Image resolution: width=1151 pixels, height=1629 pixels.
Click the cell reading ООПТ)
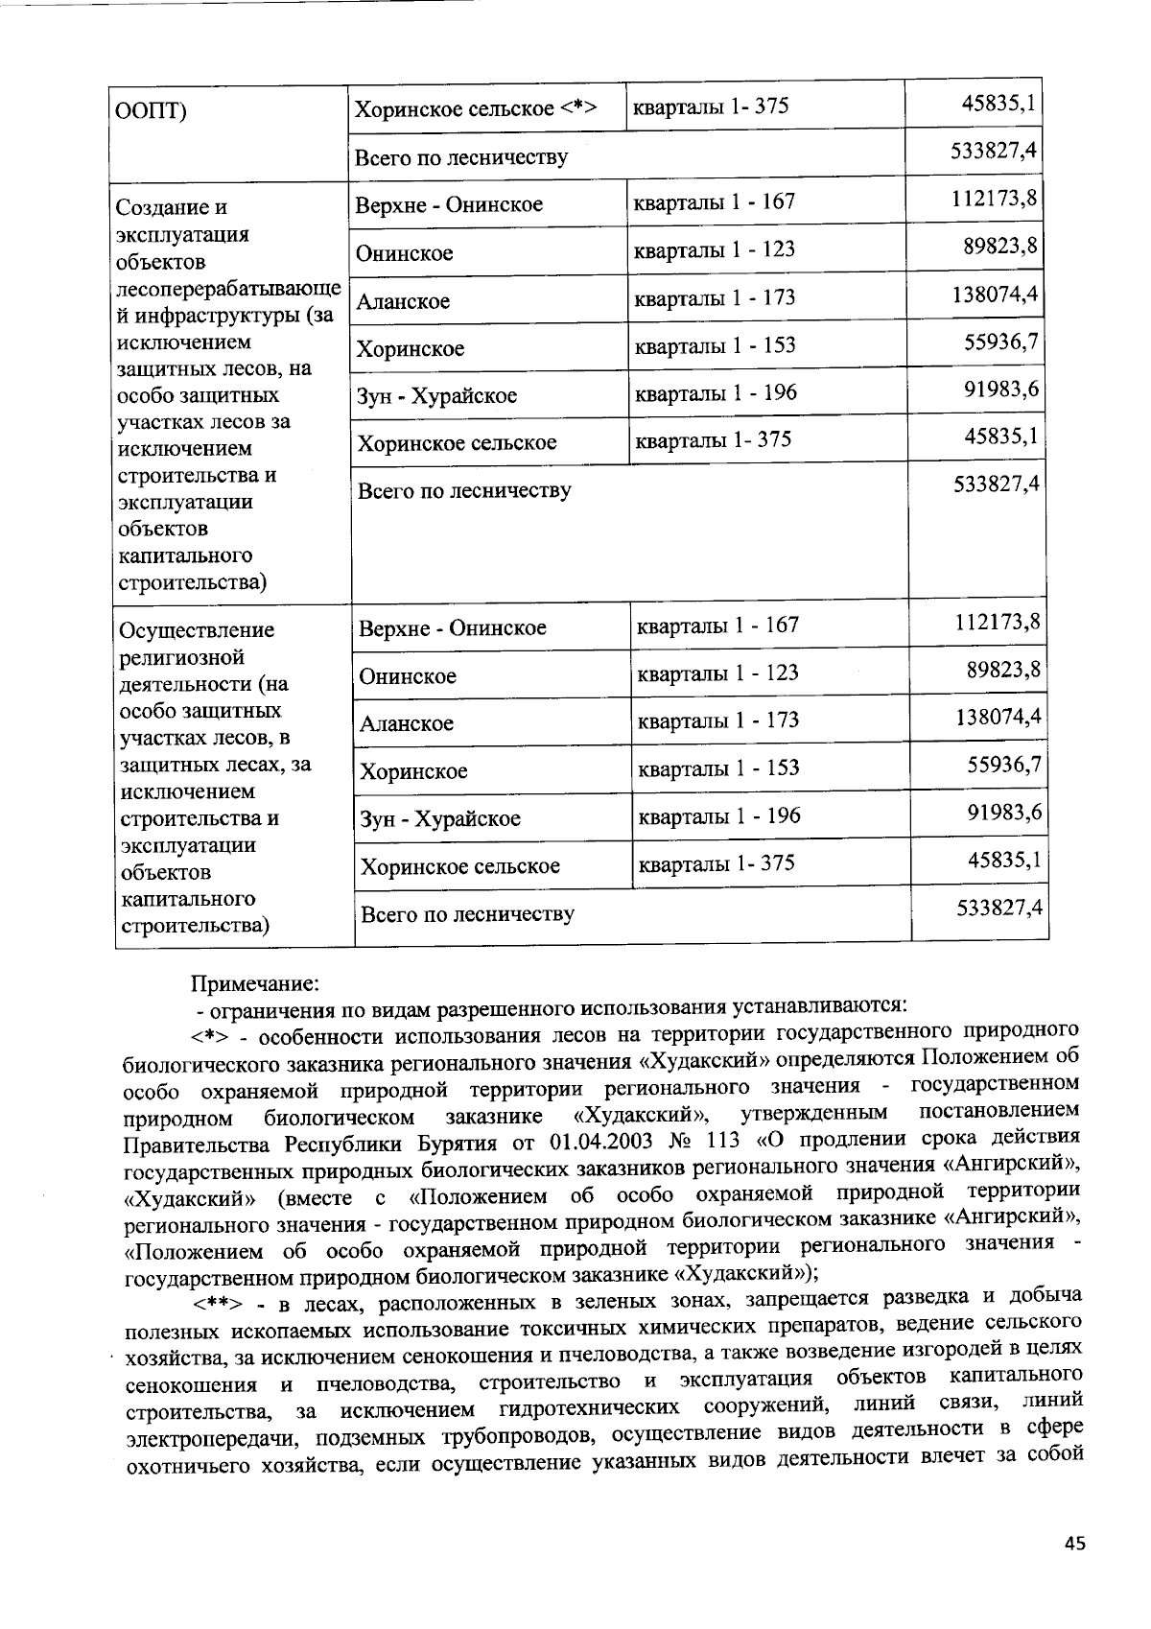(151, 110)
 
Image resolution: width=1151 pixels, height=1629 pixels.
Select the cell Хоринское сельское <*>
(477, 107)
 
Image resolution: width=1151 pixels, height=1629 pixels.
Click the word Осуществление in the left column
(196, 630)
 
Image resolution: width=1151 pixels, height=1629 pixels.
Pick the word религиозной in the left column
(180, 657)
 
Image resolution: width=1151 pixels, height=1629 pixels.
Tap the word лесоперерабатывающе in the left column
(227, 289)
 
